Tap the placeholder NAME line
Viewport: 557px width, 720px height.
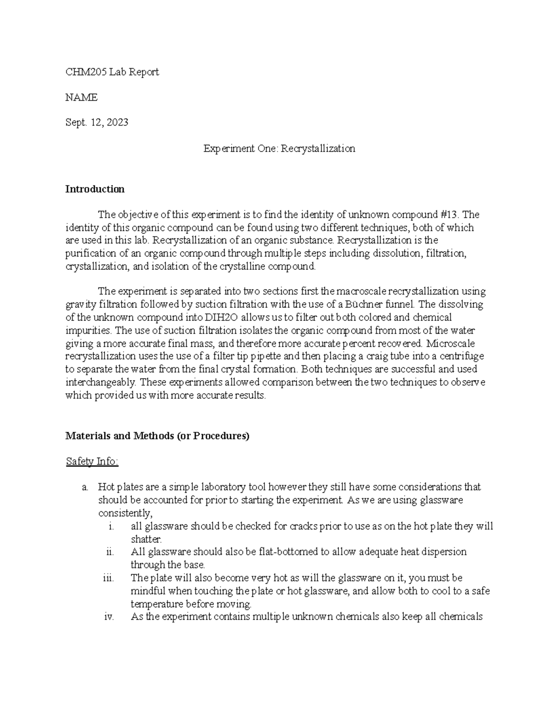pyautogui.click(x=81, y=97)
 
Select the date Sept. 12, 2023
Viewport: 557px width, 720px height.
pyautogui.click(x=97, y=122)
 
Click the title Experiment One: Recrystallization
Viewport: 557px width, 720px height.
pyautogui.click(x=279, y=148)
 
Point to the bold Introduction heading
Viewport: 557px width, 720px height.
pyautogui.click(x=95, y=189)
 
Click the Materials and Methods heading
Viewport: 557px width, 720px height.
pyautogui.click(x=157, y=436)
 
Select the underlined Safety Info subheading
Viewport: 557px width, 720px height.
pyautogui.click(x=92, y=462)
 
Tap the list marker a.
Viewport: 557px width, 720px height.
pyautogui.click(x=84, y=487)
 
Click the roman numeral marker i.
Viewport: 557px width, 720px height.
pyautogui.click(x=110, y=527)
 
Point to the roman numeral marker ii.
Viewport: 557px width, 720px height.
pyautogui.click(x=110, y=552)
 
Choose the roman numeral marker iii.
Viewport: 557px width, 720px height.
pyautogui.click(x=109, y=578)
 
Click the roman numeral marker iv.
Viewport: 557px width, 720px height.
pyautogui.click(x=109, y=617)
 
